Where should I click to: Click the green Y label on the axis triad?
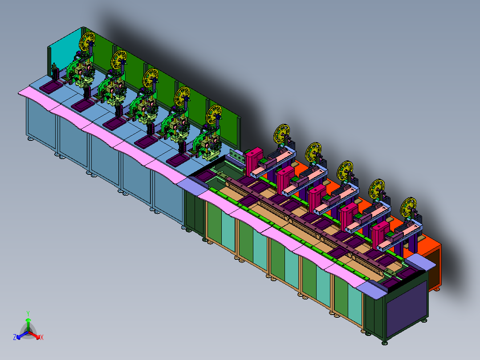[x=28, y=314]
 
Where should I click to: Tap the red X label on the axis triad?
[x=42, y=337]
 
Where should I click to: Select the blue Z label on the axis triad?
[x=15, y=337]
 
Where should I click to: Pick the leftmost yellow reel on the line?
[x=87, y=41]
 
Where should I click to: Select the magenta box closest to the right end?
[x=381, y=234]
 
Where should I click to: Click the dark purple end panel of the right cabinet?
[x=407, y=309]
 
